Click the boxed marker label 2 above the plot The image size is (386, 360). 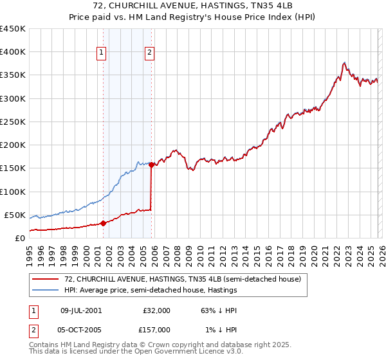coord(149,53)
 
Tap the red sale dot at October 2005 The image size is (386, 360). coord(151,165)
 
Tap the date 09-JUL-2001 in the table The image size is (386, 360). coord(80,310)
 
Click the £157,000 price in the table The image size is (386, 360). coord(156,330)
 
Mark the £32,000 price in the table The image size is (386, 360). coord(156,310)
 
